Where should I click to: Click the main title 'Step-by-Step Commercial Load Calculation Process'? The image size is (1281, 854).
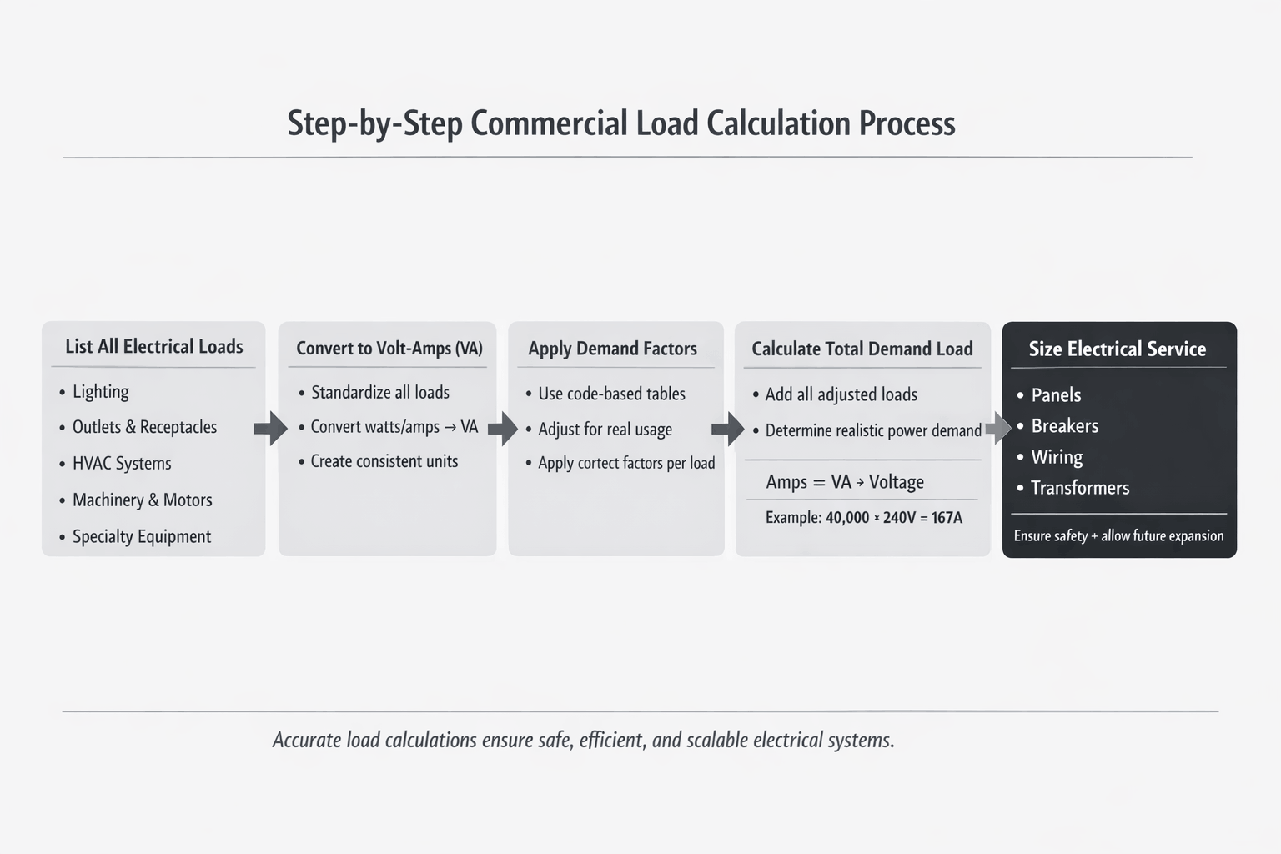point(620,123)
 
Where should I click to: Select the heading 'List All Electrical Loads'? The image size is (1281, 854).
point(154,346)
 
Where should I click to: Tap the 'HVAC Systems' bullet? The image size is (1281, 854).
point(122,463)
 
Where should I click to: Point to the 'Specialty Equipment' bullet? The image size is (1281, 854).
point(142,536)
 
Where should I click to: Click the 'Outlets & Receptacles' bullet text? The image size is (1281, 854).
point(144,427)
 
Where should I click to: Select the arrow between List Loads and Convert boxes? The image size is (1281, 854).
point(270,428)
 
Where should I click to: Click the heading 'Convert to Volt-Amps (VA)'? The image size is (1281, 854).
point(389,348)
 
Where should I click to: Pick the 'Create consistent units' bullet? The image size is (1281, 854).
point(384,461)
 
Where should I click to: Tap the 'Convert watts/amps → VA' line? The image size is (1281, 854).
point(394,427)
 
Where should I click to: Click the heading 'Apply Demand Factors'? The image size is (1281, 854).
point(612,349)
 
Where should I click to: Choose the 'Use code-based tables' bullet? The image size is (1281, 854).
point(611,394)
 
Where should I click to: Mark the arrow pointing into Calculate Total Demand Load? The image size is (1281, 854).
point(727,429)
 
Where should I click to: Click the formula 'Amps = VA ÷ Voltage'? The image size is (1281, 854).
point(845,482)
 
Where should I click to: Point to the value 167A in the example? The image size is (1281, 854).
point(947,518)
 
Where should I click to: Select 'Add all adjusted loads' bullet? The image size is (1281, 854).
point(841,394)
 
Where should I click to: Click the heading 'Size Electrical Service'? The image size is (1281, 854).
point(1117,349)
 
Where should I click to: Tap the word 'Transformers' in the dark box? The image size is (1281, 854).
point(1080,488)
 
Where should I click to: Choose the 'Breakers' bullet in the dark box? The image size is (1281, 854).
point(1064,426)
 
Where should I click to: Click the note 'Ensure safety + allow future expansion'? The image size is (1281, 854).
point(1118,536)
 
